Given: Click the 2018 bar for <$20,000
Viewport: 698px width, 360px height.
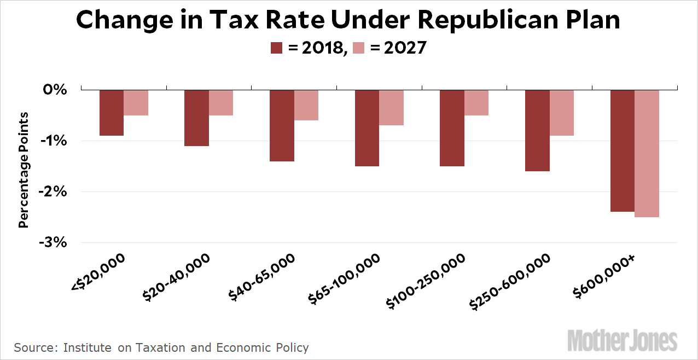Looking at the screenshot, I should tap(112, 113).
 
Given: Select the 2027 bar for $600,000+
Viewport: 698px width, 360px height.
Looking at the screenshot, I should tap(647, 153).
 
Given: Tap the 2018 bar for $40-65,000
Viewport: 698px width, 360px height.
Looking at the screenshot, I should tap(282, 125).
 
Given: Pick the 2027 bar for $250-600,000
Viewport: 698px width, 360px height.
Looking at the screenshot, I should tap(562, 113).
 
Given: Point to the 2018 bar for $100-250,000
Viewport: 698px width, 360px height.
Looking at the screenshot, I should tap(452, 128).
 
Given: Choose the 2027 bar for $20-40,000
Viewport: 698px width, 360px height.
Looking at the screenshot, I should tap(221, 103).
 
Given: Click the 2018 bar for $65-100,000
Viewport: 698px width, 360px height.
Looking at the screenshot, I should tap(367, 128).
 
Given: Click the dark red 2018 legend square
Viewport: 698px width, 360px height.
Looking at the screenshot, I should tap(277, 48).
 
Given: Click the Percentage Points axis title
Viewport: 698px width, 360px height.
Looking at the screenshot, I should tap(24, 170).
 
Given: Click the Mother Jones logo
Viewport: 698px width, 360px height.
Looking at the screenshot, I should tap(622, 341).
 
